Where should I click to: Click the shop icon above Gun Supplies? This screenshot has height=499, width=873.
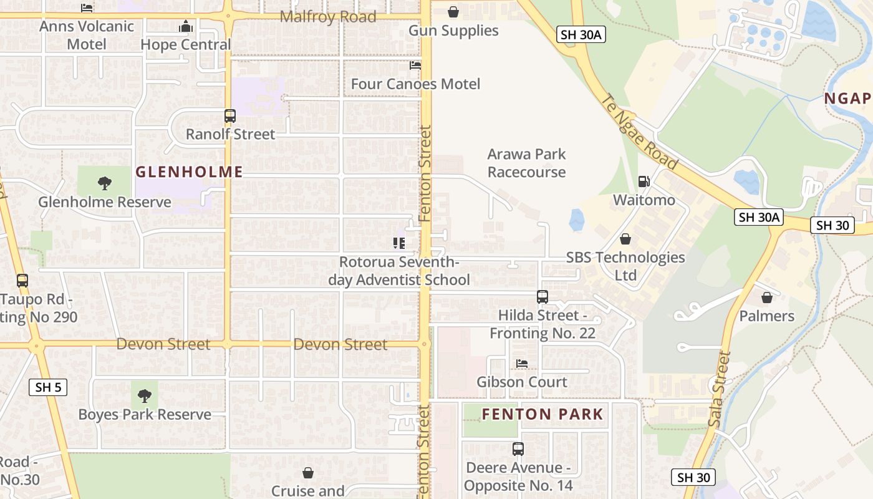(453, 12)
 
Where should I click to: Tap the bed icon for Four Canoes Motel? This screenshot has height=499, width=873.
(415, 65)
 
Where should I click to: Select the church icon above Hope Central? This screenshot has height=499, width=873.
(185, 26)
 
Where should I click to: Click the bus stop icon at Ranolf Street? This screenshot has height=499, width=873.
(230, 115)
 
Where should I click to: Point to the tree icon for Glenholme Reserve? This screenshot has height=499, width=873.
(105, 183)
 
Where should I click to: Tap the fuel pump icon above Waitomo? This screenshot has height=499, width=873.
(644, 182)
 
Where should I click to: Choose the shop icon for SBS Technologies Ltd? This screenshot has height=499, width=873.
(625, 239)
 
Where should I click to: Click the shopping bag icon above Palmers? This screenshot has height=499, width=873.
(767, 298)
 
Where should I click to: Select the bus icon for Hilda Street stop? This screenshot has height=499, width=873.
(543, 297)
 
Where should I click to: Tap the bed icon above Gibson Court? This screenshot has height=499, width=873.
(522, 364)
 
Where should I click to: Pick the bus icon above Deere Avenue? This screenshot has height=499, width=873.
(518, 449)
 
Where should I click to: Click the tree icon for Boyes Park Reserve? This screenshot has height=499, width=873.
(145, 395)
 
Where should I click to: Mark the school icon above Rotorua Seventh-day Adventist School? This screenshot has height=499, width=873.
(399, 243)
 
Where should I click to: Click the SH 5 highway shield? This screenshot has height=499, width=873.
(48, 387)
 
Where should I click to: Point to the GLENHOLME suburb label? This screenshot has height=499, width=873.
(189, 172)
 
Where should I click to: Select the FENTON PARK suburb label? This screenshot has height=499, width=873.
(543, 414)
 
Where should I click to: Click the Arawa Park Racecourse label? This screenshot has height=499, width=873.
(527, 163)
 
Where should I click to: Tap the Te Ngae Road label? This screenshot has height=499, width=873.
(639, 132)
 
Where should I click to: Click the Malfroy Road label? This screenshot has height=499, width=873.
(328, 17)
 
